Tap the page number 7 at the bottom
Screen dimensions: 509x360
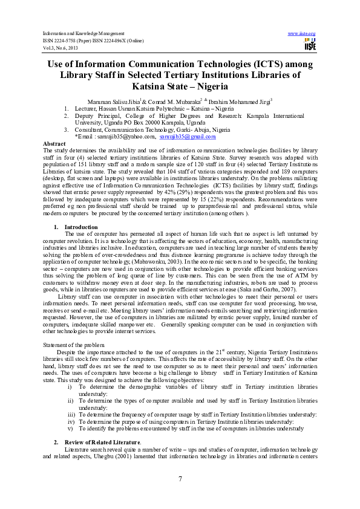(180, 479)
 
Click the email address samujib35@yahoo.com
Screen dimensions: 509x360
(129, 138)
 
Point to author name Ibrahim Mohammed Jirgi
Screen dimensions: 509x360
(241, 100)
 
